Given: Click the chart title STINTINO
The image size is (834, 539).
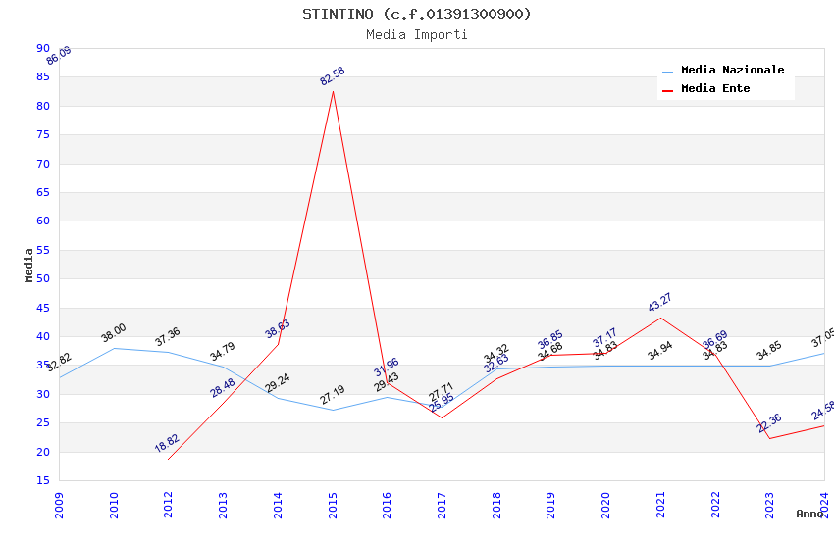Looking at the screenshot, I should [x=417, y=14].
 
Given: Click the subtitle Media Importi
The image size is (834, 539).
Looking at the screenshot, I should [x=417, y=34].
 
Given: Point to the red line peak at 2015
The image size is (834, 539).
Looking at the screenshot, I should [x=333, y=91].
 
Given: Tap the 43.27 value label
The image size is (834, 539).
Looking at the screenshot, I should [x=660, y=302].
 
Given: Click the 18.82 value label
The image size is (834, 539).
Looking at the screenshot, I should [x=167, y=443].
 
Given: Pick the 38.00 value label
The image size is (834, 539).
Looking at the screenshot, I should [x=114, y=333].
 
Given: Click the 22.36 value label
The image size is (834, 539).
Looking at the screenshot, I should [x=769, y=423].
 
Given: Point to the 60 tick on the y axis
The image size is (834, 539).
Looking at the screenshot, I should [x=42, y=221].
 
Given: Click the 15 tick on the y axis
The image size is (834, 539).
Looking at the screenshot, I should [x=42, y=480].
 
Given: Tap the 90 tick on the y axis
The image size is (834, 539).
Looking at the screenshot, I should [x=42, y=48].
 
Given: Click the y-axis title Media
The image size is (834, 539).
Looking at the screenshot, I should [x=29, y=265].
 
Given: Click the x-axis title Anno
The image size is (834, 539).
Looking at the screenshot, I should [x=809, y=514].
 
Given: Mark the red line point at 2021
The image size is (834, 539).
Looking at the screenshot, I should [x=660, y=318].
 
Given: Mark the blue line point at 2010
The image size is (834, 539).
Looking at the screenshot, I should [x=114, y=348].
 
